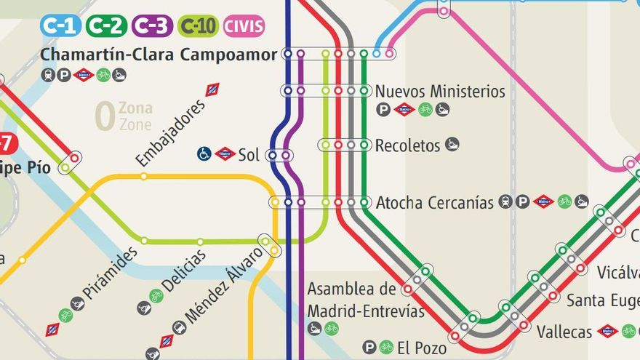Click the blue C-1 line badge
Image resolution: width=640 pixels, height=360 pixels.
(x=61, y=26)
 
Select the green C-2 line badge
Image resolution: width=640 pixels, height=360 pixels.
(x=106, y=26)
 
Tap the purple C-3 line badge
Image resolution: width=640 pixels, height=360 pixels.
(x=152, y=26)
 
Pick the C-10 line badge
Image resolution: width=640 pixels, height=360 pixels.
(x=198, y=26)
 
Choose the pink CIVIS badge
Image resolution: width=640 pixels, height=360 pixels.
(x=244, y=26)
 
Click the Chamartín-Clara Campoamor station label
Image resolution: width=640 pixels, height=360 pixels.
(x=159, y=55)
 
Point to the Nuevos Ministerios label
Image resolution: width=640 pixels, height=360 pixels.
(x=440, y=92)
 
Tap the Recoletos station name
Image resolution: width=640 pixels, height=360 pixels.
(x=407, y=145)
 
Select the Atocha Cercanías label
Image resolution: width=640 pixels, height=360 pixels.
(x=434, y=203)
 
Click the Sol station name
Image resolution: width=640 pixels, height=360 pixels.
(x=249, y=154)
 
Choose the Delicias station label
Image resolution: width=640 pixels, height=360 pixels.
(x=183, y=271)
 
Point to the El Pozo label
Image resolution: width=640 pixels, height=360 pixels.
(x=422, y=347)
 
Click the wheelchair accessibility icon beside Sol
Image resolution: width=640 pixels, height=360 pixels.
(x=204, y=153)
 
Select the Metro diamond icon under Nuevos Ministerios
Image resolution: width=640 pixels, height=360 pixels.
(x=404, y=110)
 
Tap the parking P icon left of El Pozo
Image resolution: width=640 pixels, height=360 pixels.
(x=370, y=347)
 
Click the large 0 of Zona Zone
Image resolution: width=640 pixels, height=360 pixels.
(x=105, y=117)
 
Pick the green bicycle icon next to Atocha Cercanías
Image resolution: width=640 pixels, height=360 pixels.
(x=564, y=201)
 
